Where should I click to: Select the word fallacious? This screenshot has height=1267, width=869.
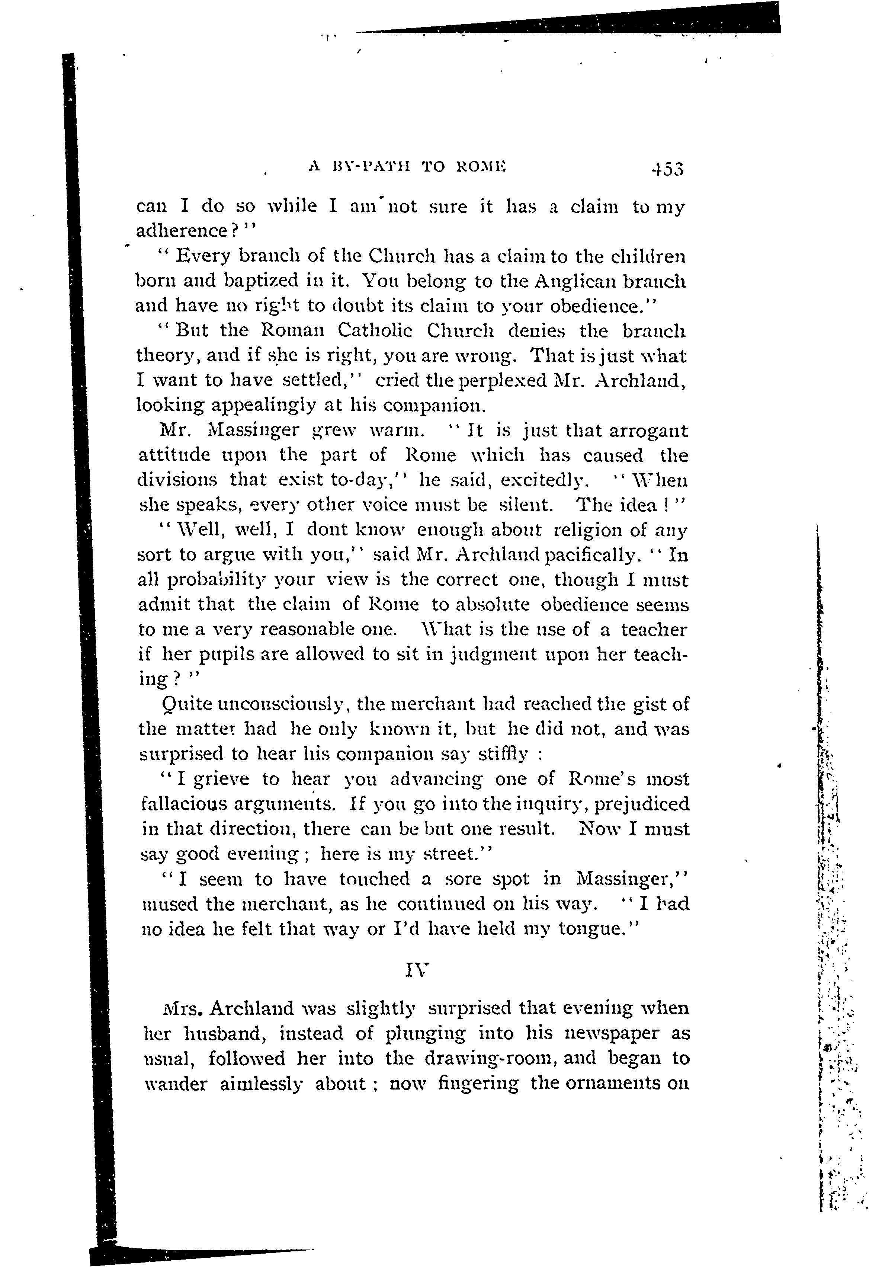pyautogui.click(x=183, y=804)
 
